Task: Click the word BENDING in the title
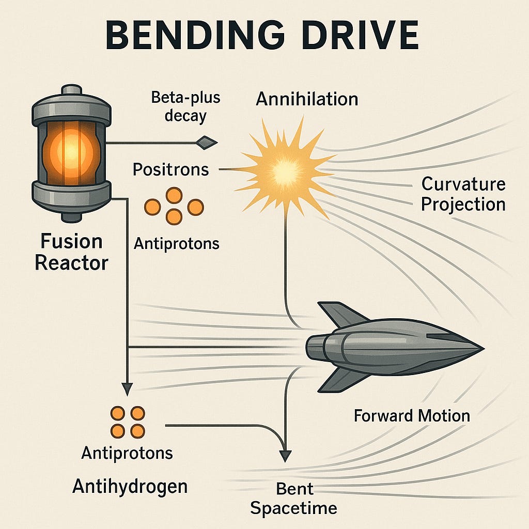tap(195, 35)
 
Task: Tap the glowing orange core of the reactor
tap(71, 153)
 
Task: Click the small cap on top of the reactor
tap(71, 90)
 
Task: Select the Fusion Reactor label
tap(71, 252)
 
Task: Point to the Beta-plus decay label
tap(185, 106)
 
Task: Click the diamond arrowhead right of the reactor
tap(207, 143)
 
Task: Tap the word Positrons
tap(170, 169)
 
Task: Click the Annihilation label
tap(307, 99)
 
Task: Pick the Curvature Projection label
tap(463, 194)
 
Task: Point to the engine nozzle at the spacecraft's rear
tap(316, 347)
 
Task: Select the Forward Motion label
tap(412, 416)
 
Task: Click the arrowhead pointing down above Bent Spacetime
tap(285, 456)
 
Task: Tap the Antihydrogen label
tap(130, 487)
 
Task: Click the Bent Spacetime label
tap(294, 499)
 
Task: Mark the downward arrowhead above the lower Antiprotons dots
tap(127, 390)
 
